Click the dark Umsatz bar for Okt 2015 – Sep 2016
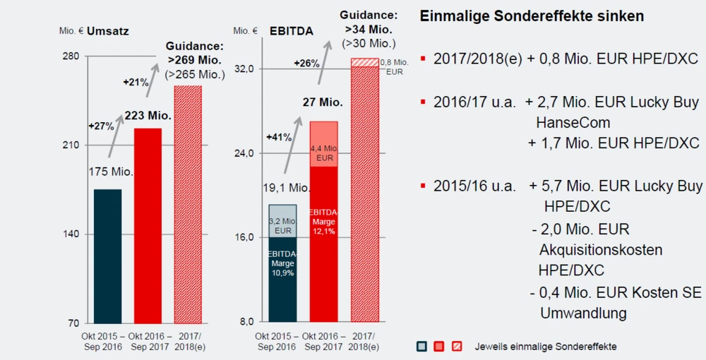pos(107,256)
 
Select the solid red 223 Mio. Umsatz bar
pos(148,225)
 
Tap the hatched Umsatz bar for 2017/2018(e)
pos(188,204)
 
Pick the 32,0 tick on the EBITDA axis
pos(244,68)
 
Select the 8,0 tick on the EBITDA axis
pos(245,321)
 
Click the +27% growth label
pos(100,126)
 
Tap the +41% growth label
pos(279,137)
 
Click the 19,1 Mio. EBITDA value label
pos(287,188)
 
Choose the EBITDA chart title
pos(292,31)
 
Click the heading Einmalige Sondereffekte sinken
pos(532,16)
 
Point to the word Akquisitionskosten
pos(601,250)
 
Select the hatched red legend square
pos(457,346)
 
